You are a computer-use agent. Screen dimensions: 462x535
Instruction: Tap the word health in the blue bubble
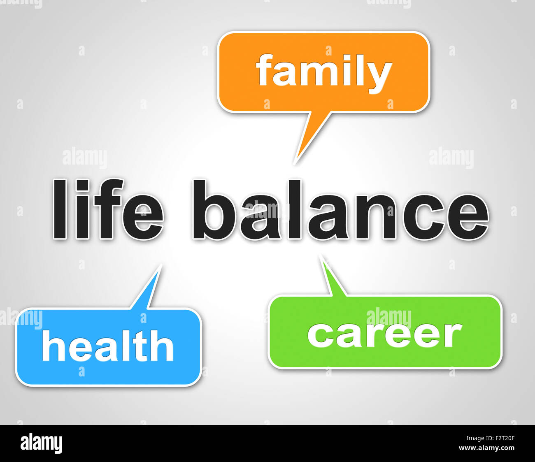pyautogui.click(x=107, y=347)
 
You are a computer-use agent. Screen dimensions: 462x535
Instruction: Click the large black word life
pyautogui.click(x=108, y=210)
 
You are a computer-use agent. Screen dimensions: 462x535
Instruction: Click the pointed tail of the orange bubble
pyautogui.click(x=305, y=140)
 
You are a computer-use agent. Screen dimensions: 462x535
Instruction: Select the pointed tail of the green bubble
pyautogui.click(x=331, y=280)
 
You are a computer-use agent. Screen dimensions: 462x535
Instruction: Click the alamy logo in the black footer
pyautogui.click(x=42, y=444)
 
